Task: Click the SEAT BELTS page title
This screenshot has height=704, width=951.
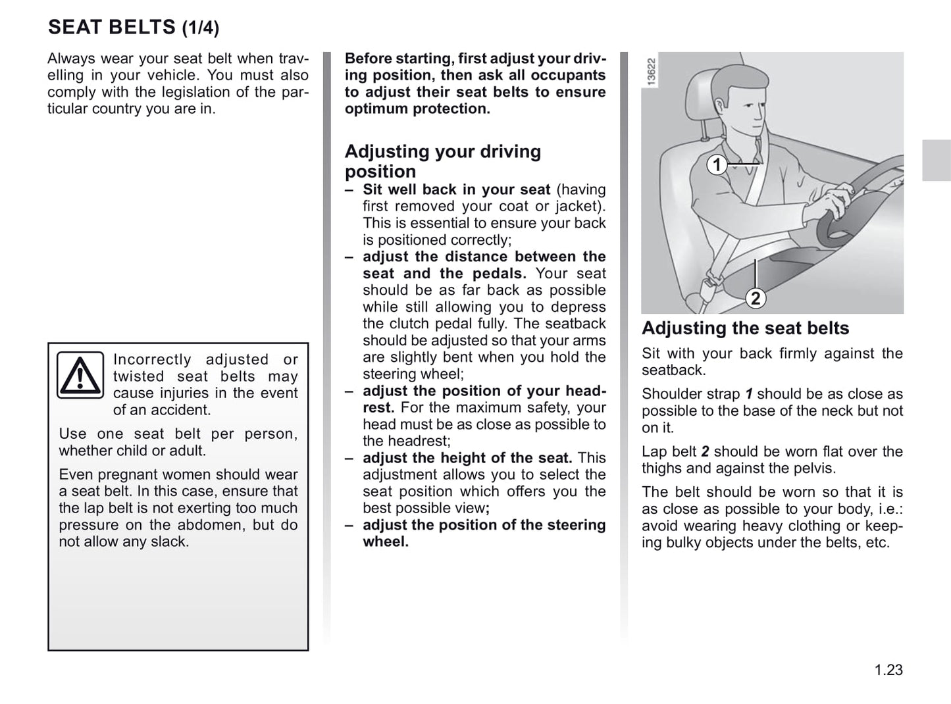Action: click(112, 27)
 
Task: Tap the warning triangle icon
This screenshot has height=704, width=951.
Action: click(80, 375)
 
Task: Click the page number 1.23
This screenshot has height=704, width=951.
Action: click(888, 670)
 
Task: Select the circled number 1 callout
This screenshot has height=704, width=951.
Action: click(717, 164)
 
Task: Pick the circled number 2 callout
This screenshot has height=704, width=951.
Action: click(756, 298)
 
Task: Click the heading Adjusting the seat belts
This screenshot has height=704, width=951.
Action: click(745, 328)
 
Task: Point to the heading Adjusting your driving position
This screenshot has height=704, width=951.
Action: click(442, 161)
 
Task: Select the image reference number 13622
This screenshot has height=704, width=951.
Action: click(652, 72)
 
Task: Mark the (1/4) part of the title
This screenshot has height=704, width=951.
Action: click(200, 28)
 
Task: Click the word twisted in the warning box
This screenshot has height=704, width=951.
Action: click(138, 376)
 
